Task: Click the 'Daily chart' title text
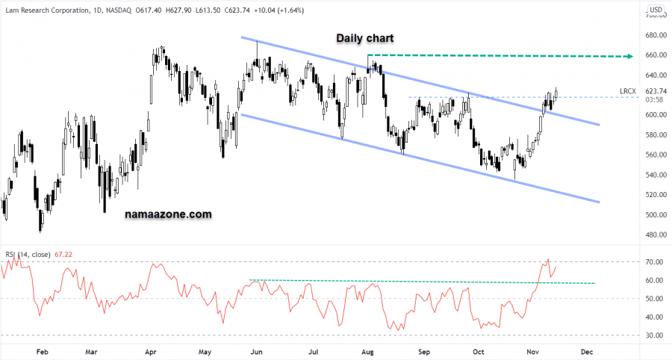pos(364,38)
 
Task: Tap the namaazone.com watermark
pos(168,214)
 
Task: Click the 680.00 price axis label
pos(656,35)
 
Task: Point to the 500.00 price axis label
pos(656,215)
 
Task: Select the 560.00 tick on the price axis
pos(656,155)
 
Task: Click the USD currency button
pos(656,10)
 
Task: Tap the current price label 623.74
pos(656,90)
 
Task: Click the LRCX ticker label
pos(628,91)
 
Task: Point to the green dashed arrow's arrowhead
pos(630,56)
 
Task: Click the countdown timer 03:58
pos(655,99)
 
